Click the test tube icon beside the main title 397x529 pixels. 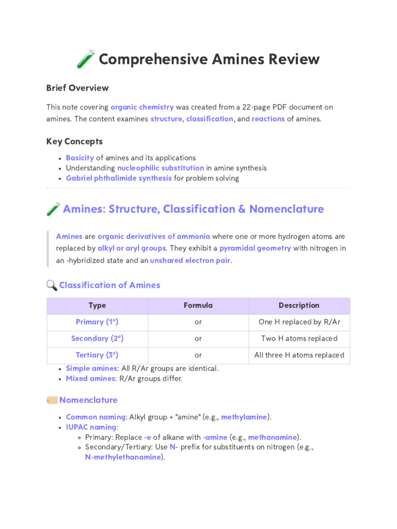(x=86, y=59)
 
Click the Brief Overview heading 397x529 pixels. (x=78, y=88)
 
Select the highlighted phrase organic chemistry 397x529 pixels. (x=142, y=107)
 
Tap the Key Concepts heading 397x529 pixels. (x=74, y=142)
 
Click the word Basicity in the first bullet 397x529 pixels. (x=80, y=158)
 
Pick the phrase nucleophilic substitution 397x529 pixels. (x=161, y=168)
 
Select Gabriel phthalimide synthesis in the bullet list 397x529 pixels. (x=119, y=178)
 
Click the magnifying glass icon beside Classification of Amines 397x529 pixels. (x=52, y=285)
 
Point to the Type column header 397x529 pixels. (x=97, y=305)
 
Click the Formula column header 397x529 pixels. (x=198, y=305)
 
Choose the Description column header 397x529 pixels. (x=299, y=305)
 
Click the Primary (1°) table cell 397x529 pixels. (x=97, y=322)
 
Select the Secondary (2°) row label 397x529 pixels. (x=97, y=338)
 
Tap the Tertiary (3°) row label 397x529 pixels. (x=97, y=355)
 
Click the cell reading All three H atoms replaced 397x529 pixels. (x=299, y=355)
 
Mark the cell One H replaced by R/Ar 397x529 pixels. (x=299, y=322)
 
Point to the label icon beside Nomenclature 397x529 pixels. (x=52, y=400)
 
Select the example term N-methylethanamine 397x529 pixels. (x=123, y=457)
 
